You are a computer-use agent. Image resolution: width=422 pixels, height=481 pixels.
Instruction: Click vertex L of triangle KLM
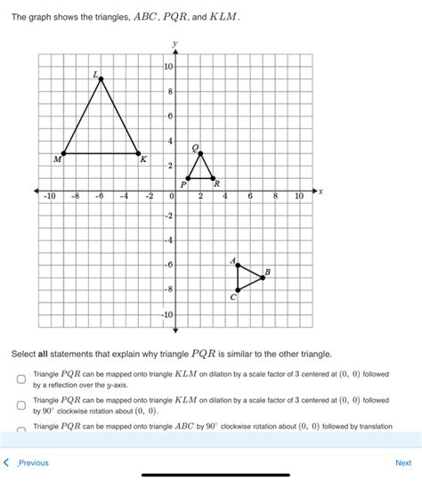pos(101,79)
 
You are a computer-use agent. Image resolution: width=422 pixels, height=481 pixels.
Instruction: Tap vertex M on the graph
pos(63,153)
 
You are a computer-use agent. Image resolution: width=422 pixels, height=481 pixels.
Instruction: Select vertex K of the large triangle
pos(138,153)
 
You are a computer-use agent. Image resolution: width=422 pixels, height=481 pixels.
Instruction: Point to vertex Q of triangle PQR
pos(200,153)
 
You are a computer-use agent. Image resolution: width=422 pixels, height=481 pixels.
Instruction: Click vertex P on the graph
pos(188,178)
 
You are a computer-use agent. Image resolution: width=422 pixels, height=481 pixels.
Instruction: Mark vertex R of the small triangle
pos(213,178)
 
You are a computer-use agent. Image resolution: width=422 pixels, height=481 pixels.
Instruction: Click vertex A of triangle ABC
pos(238,265)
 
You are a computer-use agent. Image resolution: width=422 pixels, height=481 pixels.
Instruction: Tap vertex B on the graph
pos(263,277)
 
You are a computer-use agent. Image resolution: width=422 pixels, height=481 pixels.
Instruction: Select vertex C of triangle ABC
pos(238,289)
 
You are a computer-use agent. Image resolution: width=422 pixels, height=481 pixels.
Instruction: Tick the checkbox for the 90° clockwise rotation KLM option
pos(20,406)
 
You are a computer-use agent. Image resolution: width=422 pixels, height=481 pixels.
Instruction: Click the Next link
pos(403,462)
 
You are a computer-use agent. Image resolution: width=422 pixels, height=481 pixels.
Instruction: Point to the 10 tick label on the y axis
pos(167,68)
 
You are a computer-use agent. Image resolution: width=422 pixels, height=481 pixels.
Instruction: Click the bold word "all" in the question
pos(43,355)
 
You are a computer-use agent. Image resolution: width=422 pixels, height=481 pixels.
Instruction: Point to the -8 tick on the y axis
pos(166,290)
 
